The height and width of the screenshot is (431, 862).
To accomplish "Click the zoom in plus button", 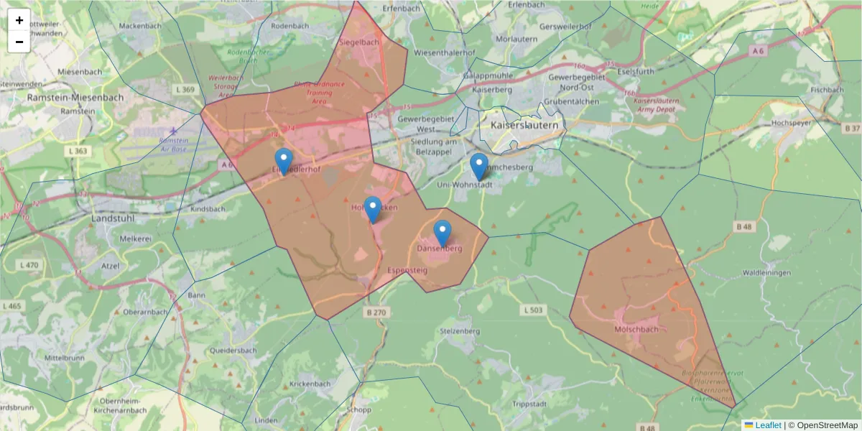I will (x=19, y=20).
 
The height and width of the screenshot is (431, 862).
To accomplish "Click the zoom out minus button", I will (x=19, y=42).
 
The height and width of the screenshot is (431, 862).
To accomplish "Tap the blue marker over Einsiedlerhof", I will (x=284, y=162).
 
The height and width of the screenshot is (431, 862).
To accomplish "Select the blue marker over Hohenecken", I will (x=372, y=209).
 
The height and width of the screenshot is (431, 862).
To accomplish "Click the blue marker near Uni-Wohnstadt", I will (x=479, y=167).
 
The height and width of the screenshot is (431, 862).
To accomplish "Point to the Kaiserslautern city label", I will (x=524, y=125).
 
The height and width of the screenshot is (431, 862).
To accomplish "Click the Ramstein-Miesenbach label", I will (x=75, y=97).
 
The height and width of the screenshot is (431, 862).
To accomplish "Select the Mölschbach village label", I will (x=636, y=330).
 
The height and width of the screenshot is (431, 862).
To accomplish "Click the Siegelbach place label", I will (x=358, y=42).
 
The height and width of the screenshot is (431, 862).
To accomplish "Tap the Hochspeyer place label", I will (x=791, y=123).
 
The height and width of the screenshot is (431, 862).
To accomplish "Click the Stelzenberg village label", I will (x=458, y=331).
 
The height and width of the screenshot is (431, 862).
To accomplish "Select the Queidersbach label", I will (x=233, y=351).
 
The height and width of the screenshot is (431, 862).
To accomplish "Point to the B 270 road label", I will (x=376, y=312).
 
